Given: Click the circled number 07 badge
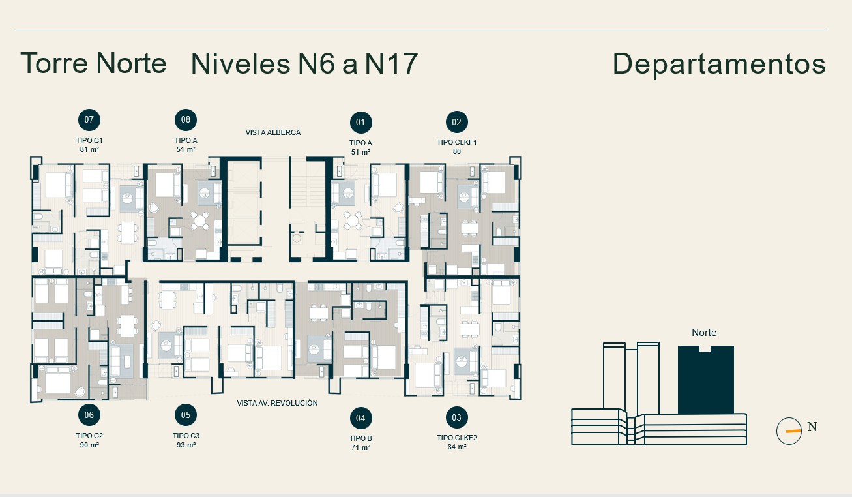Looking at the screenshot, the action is click(89, 120).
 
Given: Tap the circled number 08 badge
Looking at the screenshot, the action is click(186, 120).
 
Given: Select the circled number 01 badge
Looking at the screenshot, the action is click(360, 123).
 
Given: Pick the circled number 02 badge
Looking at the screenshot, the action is click(457, 122).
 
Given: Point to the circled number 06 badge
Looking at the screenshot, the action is click(89, 415).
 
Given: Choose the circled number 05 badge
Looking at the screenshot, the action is click(186, 415).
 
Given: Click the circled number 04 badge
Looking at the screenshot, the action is click(360, 418).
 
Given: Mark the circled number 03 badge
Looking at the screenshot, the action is click(457, 417).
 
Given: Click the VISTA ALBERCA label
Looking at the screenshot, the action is click(273, 133).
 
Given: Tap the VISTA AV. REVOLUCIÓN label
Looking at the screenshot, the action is click(277, 403).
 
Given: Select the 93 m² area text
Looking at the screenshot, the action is click(186, 445).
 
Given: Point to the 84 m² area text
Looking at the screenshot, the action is click(457, 447).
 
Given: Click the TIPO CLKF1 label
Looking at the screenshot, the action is click(457, 142).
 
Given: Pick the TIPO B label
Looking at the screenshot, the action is click(360, 438).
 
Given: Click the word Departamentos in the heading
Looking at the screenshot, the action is click(719, 65).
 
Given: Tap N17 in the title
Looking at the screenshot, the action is click(391, 63).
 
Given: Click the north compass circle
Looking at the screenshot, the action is click(789, 431).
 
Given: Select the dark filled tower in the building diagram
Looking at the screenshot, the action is click(706, 380).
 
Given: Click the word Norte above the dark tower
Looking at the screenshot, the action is click(704, 333).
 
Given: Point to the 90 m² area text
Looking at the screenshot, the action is click(89, 445).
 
